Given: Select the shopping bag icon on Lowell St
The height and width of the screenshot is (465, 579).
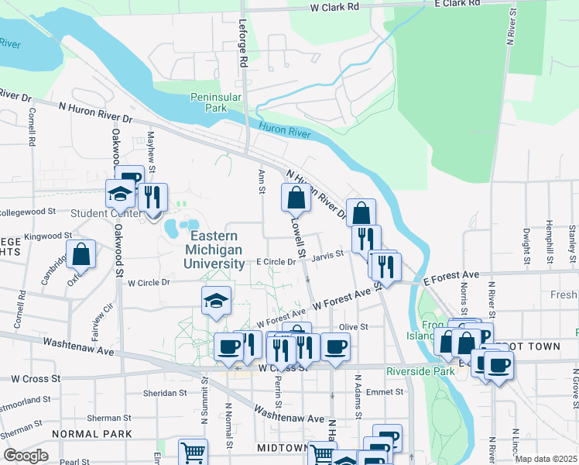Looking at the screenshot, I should (x=296, y=198).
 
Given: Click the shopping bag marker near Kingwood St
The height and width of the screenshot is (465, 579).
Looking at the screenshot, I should (x=81, y=254).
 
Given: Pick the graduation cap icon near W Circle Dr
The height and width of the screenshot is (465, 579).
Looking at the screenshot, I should (x=217, y=301).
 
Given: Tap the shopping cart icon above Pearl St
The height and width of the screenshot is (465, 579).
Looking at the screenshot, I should (x=194, y=452).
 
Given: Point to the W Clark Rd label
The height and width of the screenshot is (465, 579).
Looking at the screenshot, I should (x=335, y=6).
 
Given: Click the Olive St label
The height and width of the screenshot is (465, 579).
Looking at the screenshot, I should (x=353, y=328).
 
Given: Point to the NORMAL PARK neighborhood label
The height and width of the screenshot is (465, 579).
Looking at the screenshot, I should (x=92, y=434).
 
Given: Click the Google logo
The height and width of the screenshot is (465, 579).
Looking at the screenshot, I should (x=26, y=456).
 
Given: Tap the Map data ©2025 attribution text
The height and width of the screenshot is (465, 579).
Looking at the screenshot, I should (x=545, y=459).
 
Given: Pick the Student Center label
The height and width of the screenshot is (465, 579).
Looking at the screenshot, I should (x=104, y=214).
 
